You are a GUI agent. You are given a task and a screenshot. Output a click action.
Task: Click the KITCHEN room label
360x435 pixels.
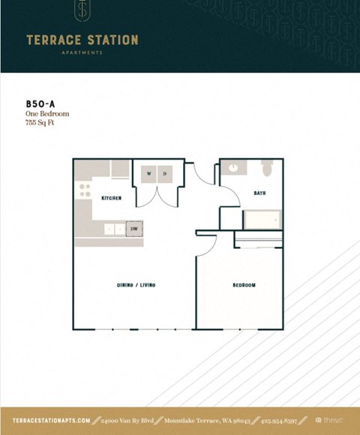pyautogui.click(x=111, y=198)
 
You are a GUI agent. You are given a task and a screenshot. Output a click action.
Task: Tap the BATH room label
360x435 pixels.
pyautogui.click(x=259, y=193)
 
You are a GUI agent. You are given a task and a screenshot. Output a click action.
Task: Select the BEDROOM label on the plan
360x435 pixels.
pyautogui.click(x=244, y=285)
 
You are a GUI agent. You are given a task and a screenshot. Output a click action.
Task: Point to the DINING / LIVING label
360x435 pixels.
pyautogui.click(x=136, y=285)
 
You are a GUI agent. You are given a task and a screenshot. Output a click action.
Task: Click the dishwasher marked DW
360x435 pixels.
pyautogui.click(x=134, y=229)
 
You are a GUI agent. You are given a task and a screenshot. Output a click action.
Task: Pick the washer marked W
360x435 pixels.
pyautogui.click(x=148, y=174)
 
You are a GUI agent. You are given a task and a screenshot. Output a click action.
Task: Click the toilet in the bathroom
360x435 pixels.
pyautogui.click(x=268, y=169)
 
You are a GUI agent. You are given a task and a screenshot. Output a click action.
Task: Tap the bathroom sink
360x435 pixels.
pyautogui.click(x=233, y=169)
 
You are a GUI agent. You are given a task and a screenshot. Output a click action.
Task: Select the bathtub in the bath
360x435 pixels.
pyautogui.click(x=262, y=219)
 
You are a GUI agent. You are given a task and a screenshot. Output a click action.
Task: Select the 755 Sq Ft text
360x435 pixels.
pyautogui.click(x=40, y=122)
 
